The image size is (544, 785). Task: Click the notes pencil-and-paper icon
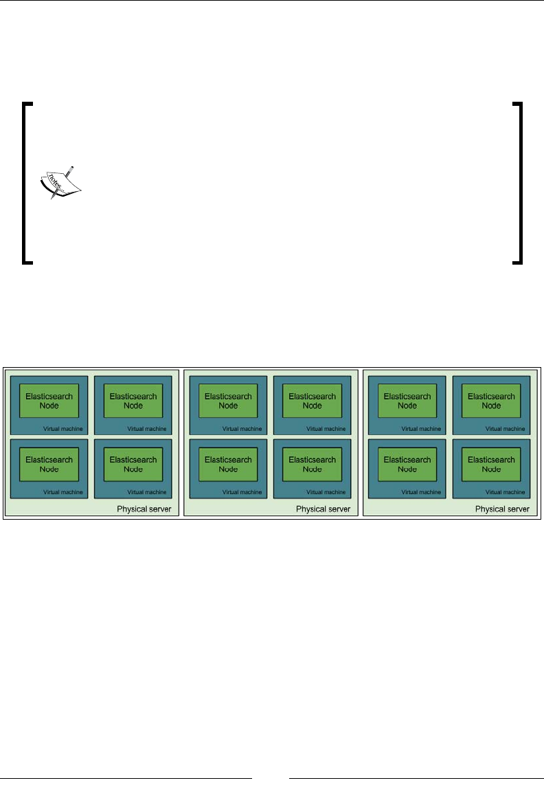pyautogui.click(x=58, y=181)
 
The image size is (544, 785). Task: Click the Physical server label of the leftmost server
pyautogui.click(x=144, y=509)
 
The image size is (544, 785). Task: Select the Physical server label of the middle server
pyautogui.click(x=323, y=509)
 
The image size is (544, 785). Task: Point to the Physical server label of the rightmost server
pyautogui.click(x=502, y=509)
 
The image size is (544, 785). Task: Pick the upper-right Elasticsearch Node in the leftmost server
pyautogui.click(x=133, y=401)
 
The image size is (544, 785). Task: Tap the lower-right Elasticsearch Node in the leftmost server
pyautogui.click(x=133, y=464)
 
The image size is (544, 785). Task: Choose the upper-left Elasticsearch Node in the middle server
pyautogui.click(x=229, y=401)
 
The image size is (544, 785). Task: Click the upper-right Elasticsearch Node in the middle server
pyautogui.click(x=313, y=401)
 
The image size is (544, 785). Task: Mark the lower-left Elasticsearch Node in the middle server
pyautogui.click(x=229, y=464)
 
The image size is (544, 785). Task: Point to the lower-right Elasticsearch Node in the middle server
pyautogui.click(x=313, y=464)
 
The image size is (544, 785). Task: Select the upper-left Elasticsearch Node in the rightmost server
pyautogui.click(x=408, y=401)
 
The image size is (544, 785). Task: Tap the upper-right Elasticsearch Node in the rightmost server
pyautogui.click(x=491, y=401)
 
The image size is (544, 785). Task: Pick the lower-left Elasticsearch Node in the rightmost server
pyautogui.click(x=408, y=464)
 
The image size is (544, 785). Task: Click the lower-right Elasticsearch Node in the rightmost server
pyautogui.click(x=491, y=464)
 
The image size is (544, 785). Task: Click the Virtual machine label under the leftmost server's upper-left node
pyautogui.click(x=63, y=429)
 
